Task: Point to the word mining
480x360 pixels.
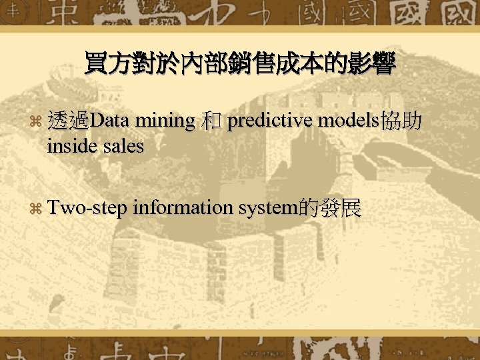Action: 163,122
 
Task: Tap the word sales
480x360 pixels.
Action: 123,146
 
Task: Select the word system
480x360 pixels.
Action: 269,209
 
